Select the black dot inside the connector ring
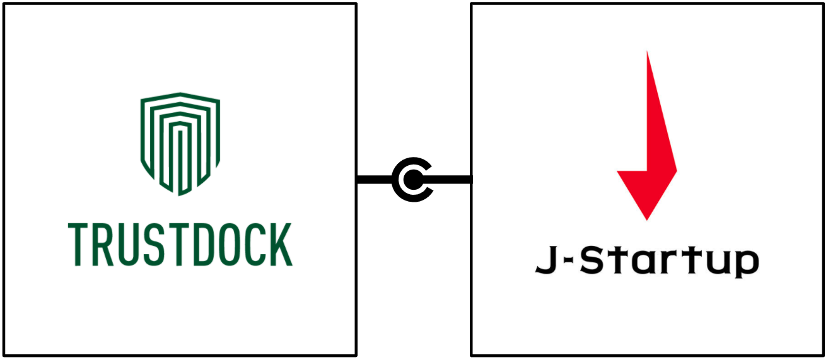coord(412,180)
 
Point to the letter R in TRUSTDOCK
coord(106,245)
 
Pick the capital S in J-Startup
coord(590,261)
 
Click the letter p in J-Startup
coord(746,265)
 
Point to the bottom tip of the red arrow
coord(647,218)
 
